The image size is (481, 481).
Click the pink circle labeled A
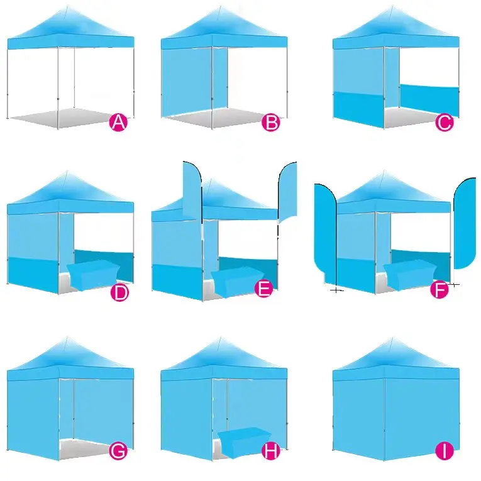point(118,123)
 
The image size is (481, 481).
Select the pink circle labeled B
point(270,123)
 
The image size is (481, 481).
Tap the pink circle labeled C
point(444,123)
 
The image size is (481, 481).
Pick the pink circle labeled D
point(119,292)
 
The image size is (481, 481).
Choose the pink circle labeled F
point(440,290)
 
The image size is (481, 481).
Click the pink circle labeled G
point(118,450)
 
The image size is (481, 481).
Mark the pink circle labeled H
point(270,450)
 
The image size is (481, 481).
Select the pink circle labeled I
point(445,450)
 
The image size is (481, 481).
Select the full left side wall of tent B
point(186,82)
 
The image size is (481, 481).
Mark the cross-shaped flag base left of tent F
point(336,290)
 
